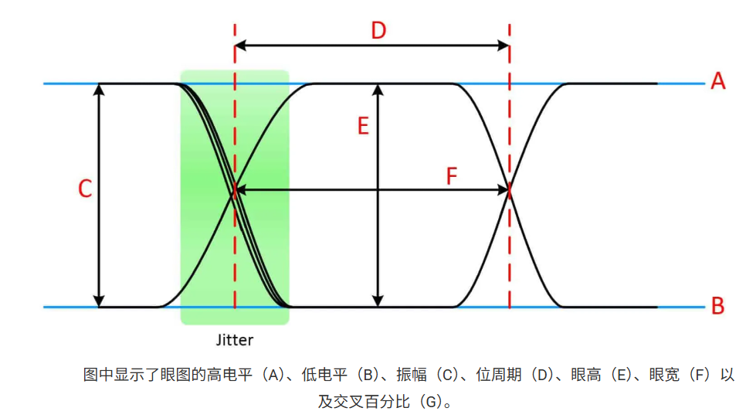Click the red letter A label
(x=718, y=81)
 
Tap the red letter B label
(x=717, y=307)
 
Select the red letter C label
(x=86, y=189)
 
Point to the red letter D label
(x=378, y=31)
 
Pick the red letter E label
(x=363, y=126)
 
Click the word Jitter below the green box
(x=234, y=339)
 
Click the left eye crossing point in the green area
(x=235, y=190)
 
